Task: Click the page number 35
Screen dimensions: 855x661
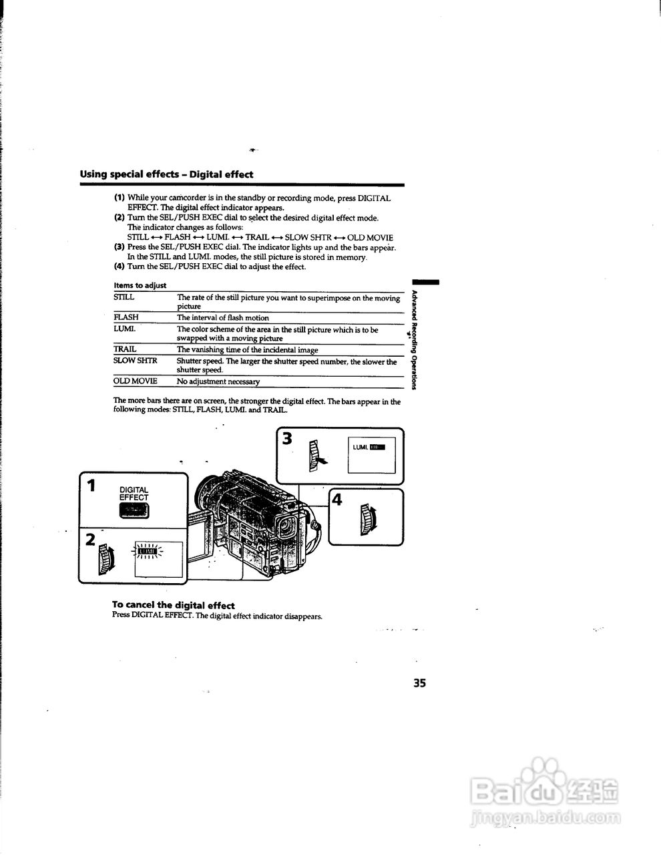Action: [x=419, y=683]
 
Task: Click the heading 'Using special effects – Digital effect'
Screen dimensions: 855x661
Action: [x=166, y=174]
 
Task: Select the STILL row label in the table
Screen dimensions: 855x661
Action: [x=124, y=297]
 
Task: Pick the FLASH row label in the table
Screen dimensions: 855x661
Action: [x=126, y=318]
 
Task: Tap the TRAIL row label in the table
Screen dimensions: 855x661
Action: [x=125, y=349]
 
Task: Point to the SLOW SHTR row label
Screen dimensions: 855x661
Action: [x=135, y=361]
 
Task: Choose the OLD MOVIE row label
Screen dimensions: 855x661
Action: [x=135, y=381]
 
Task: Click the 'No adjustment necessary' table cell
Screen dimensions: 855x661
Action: [x=218, y=381]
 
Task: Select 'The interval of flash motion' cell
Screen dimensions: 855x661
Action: [x=222, y=318]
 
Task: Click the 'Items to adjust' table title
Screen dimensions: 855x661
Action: [x=140, y=285]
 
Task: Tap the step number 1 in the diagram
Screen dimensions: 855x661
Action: [x=91, y=486]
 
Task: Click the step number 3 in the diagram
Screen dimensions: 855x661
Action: [x=287, y=440]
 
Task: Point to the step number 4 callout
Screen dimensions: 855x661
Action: [x=337, y=499]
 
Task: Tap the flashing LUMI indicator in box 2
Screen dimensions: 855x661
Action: [x=146, y=551]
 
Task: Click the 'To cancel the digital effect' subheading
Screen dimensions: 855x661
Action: [x=173, y=605]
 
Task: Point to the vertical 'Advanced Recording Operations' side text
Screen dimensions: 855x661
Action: [x=414, y=340]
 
